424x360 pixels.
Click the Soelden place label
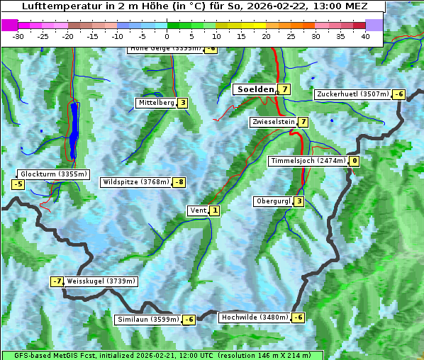(x=255, y=89)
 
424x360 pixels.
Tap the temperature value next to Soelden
(x=284, y=89)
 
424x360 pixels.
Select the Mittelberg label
(x=156, y=103)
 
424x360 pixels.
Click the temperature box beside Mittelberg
(x=183, y=103)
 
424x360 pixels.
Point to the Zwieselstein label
(x=273, y=122)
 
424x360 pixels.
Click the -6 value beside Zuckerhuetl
(x=399, y=94)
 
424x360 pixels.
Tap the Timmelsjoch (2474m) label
(x=308, y=161)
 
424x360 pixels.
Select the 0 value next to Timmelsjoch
(x=355, y=161)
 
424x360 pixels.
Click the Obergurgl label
(x=273, y=201)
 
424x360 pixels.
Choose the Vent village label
(x=198, y=210)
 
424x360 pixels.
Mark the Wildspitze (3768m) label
(x=136, y=182)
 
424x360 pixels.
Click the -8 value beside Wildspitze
(x=179, y=182)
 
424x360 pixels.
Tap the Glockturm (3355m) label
(x=54, y=174)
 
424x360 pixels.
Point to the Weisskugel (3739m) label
(x=101, y=281)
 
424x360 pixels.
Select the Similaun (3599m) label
(x=148, y=320)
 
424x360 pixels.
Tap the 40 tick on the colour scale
(x=365, y=35)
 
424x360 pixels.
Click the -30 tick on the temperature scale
(x=18, y=35)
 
